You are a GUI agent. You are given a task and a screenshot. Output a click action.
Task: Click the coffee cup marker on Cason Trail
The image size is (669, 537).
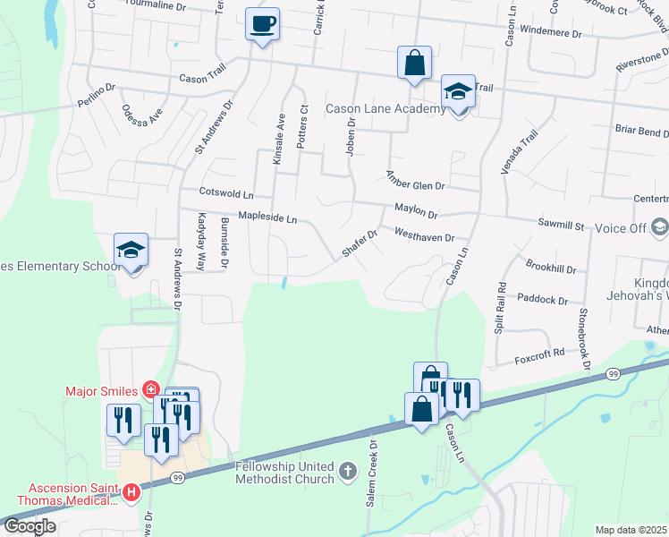pos(263,23)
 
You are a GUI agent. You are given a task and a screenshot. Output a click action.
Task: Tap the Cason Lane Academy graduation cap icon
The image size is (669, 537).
pos(458,92)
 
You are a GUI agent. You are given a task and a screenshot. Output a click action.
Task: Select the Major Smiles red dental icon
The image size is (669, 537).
pos(152,390)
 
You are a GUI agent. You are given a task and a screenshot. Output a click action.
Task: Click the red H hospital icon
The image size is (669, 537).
pos(131,492)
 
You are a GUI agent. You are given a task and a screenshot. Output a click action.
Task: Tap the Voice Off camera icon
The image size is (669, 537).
pos(660,227)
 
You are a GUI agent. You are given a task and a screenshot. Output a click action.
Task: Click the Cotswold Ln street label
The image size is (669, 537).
pos(227,192)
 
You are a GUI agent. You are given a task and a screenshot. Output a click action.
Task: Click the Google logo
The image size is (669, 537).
pos(30,526)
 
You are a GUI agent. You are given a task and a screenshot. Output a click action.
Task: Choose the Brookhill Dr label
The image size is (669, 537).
pos(551,268)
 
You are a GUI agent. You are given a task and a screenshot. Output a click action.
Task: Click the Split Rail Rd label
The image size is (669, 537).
pos(501,308)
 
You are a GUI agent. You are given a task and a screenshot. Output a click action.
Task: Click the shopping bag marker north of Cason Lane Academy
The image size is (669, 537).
pos(414,63)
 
